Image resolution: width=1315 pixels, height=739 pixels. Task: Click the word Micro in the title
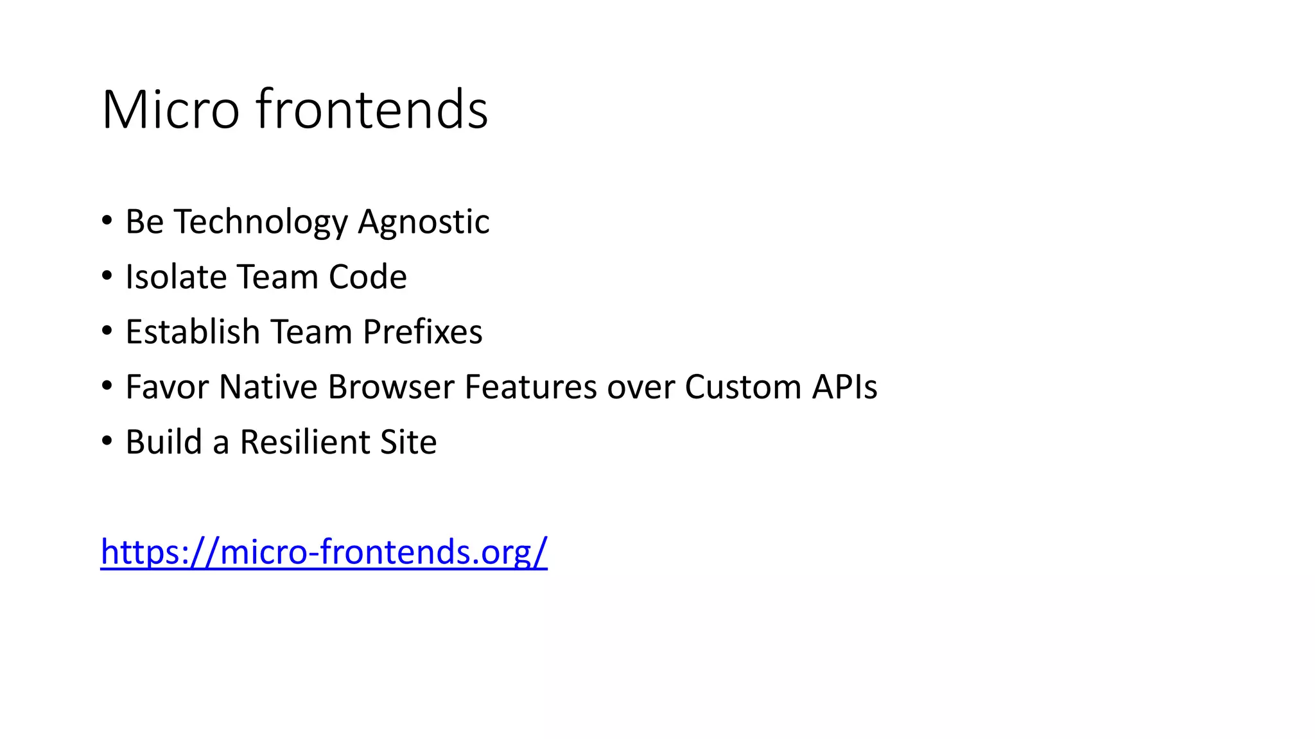point(170,110)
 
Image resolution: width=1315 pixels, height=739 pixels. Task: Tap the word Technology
point(261,223)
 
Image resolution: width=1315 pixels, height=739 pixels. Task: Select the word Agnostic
point(424,223)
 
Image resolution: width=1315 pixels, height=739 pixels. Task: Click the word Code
point(367,277)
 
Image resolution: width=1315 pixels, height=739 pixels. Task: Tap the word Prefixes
point(422,332)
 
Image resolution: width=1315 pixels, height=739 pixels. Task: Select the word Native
point(268,387)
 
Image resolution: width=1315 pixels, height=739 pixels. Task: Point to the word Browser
point(391,387)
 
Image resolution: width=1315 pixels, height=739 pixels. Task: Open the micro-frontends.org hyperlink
point(324,552)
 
